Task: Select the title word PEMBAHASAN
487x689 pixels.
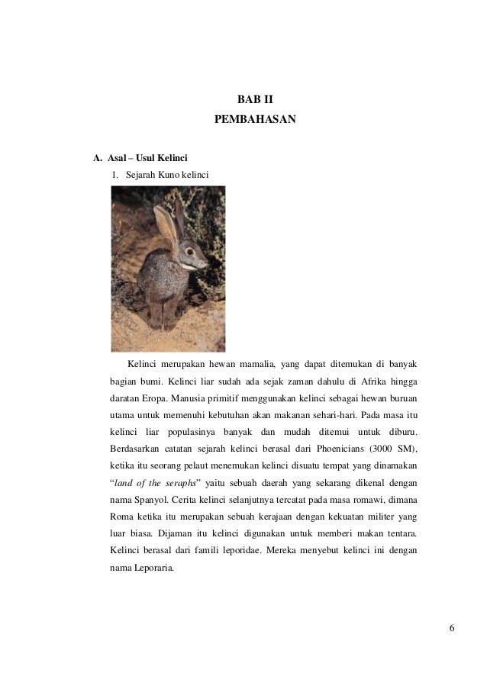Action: (x=255, y=121)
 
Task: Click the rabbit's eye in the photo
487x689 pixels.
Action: (x=187, y=250)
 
